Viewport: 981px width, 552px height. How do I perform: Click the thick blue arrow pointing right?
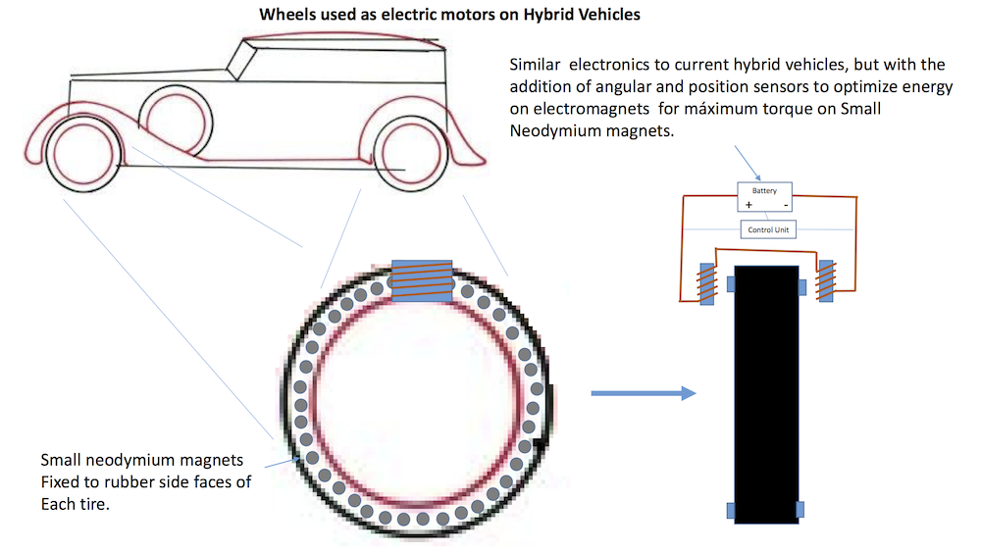(643, 393)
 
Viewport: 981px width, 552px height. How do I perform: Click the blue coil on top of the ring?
(422, 280)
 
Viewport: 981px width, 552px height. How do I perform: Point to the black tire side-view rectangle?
(766, 392)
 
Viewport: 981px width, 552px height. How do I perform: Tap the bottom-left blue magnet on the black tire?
(731, 509)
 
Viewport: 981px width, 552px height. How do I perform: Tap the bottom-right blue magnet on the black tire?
(800, 509)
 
